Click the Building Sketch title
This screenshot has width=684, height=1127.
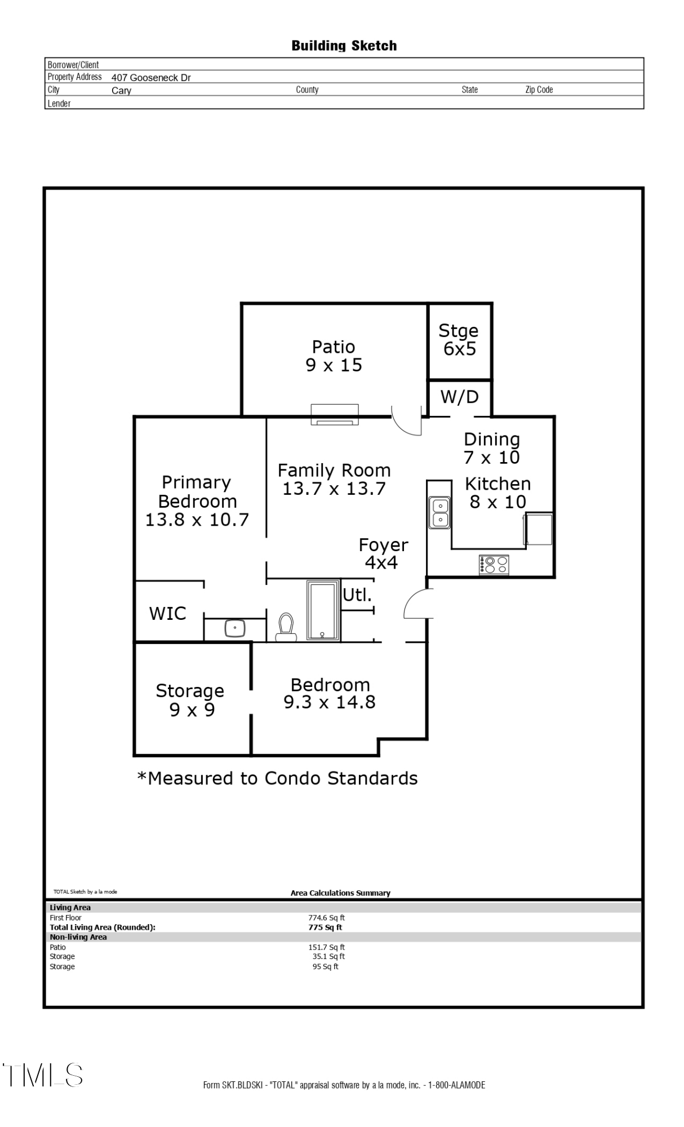tap(344, 46)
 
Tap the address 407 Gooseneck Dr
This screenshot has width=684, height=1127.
tap(151, 78)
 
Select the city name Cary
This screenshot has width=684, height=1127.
tap(121, 91)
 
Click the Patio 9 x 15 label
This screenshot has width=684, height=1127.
tap(334, 356)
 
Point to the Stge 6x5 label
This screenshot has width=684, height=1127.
tap(459, 340)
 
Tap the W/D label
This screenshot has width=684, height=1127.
tap(460, 397)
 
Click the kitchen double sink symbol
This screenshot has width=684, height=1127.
tap(439, 512)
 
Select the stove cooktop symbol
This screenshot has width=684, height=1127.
tap(494, 565)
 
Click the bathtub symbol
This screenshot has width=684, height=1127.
tap(323, 610)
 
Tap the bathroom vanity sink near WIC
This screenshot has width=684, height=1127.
tap(235, 628)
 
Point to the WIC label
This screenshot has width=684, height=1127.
tap(167, 613)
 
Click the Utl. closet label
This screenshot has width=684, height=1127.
tap(357, 594)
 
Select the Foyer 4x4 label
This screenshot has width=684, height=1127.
tap(383, 553)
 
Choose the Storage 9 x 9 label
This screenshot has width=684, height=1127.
tap(190, 700)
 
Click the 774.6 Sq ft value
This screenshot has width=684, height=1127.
tap(326, 918)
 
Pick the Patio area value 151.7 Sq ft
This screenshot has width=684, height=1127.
tap(326, 947)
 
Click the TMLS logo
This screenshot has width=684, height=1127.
tap(42, 1075)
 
